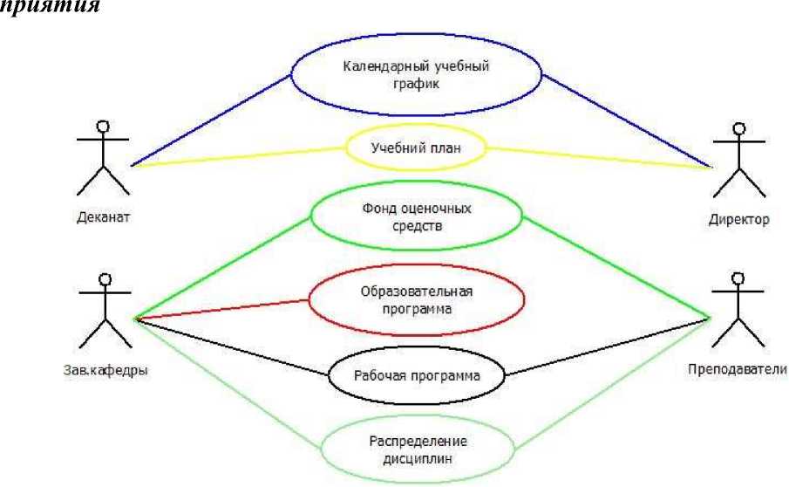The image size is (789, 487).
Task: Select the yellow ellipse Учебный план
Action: pos(415,147)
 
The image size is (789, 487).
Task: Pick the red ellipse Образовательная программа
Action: pos(418,298)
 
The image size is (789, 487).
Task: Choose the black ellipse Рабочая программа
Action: pos(417,377)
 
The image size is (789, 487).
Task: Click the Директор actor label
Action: pos(738,220)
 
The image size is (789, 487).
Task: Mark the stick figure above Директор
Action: pos(739,161)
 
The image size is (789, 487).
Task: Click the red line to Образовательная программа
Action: pos(222,310)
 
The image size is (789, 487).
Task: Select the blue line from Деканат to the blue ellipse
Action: pos(209,120)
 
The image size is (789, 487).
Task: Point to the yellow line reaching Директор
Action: pos(602,157)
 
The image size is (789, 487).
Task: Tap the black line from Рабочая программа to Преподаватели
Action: pos(606,349)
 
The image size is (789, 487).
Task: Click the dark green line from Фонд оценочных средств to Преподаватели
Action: pos(615,266)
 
